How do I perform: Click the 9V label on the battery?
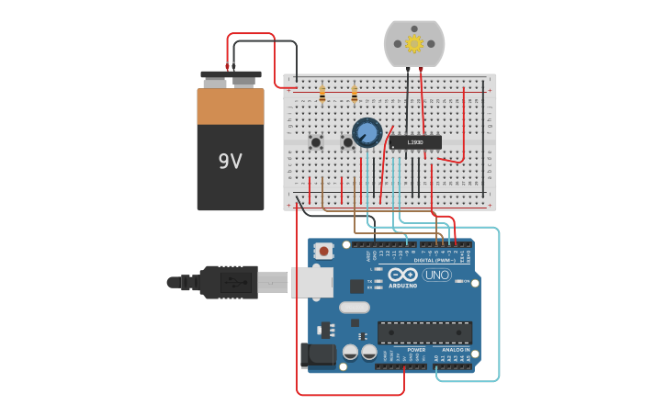tap(230, 162)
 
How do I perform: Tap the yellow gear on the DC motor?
tap(414, 43)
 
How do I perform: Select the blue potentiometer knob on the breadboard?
tap(367, 132)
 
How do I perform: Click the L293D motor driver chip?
tap(415, 142)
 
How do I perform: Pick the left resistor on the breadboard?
tap(322, 94)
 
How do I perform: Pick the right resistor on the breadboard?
tap(355, 94)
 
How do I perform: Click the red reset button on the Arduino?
tap(324, 251)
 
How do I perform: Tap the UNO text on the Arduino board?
tap(436, 275)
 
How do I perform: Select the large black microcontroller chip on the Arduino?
tap(424, 332)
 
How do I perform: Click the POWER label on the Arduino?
tap(416, 350)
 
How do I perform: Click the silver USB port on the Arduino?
tap(312, 283)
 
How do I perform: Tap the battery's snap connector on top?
tap(231, 74)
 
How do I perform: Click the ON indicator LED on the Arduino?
tap(465, 281)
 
